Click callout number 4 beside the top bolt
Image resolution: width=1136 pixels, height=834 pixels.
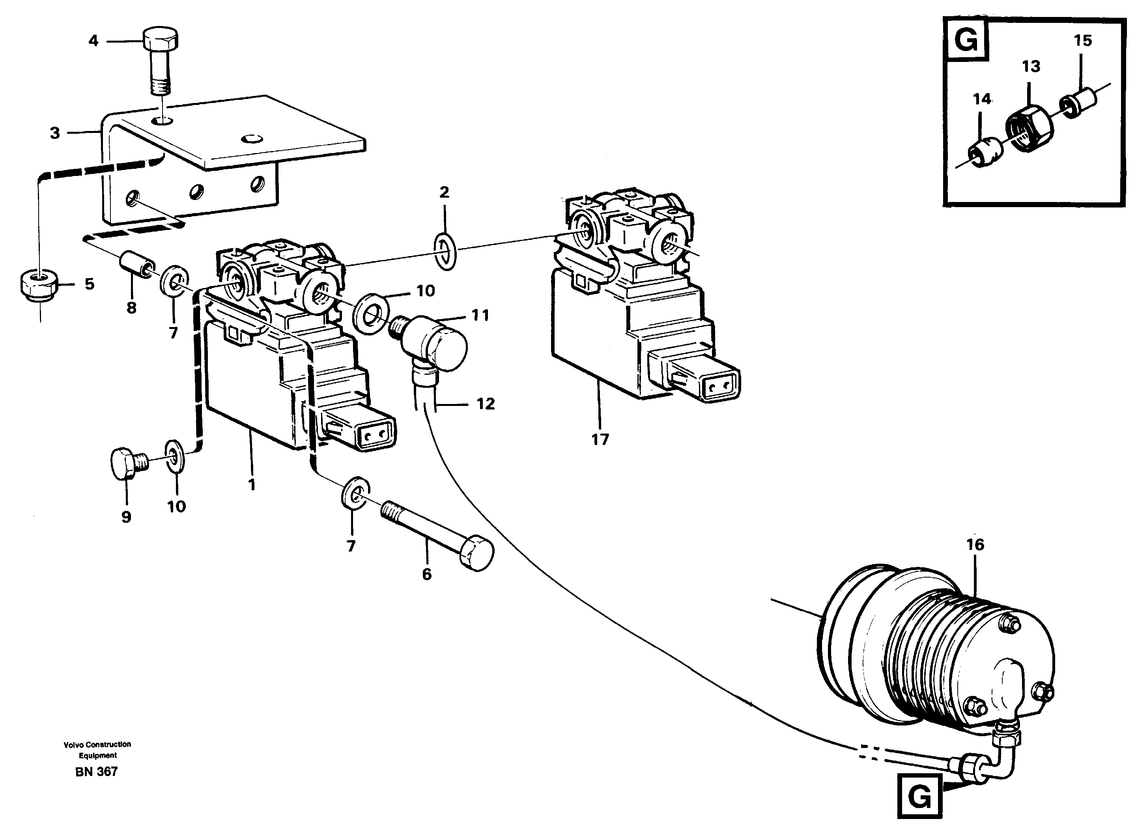[93, 40]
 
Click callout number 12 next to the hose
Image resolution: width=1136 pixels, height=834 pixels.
[486, 404]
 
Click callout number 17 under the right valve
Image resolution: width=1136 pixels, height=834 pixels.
[600, 440]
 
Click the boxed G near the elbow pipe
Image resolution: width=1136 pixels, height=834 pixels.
[919, 798]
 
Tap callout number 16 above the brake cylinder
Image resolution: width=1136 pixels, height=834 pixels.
[975, 544]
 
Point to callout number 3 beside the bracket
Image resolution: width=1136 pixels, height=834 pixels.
[55, 133]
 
